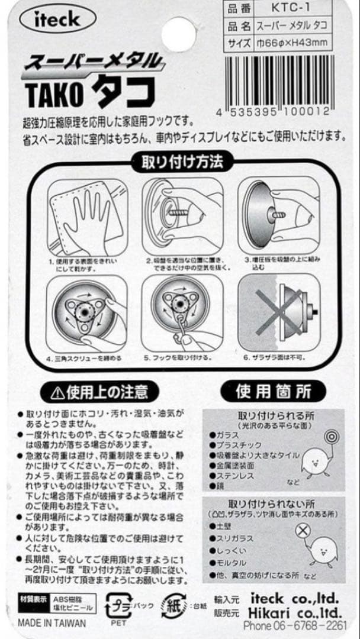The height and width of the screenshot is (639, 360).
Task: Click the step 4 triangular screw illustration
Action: click(83, 311)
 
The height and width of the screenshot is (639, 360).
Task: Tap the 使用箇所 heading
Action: click(273, 391)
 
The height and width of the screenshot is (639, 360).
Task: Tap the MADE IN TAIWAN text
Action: click(52, 623)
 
